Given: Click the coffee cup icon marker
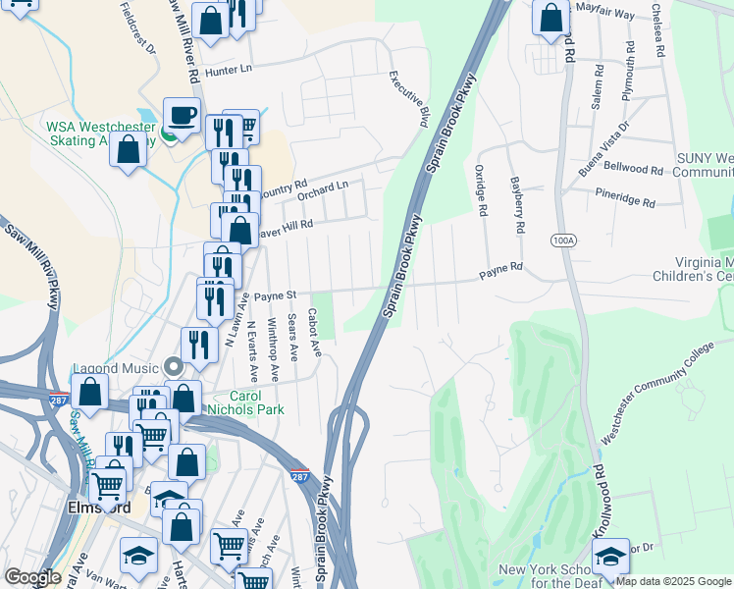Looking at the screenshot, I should [182, 116].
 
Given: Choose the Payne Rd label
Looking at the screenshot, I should [500, 266].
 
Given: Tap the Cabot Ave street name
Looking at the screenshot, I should [315, 335].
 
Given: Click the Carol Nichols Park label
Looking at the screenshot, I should [249, 402].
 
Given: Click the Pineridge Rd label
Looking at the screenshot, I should [624, 200].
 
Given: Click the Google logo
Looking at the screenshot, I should [33, 577].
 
